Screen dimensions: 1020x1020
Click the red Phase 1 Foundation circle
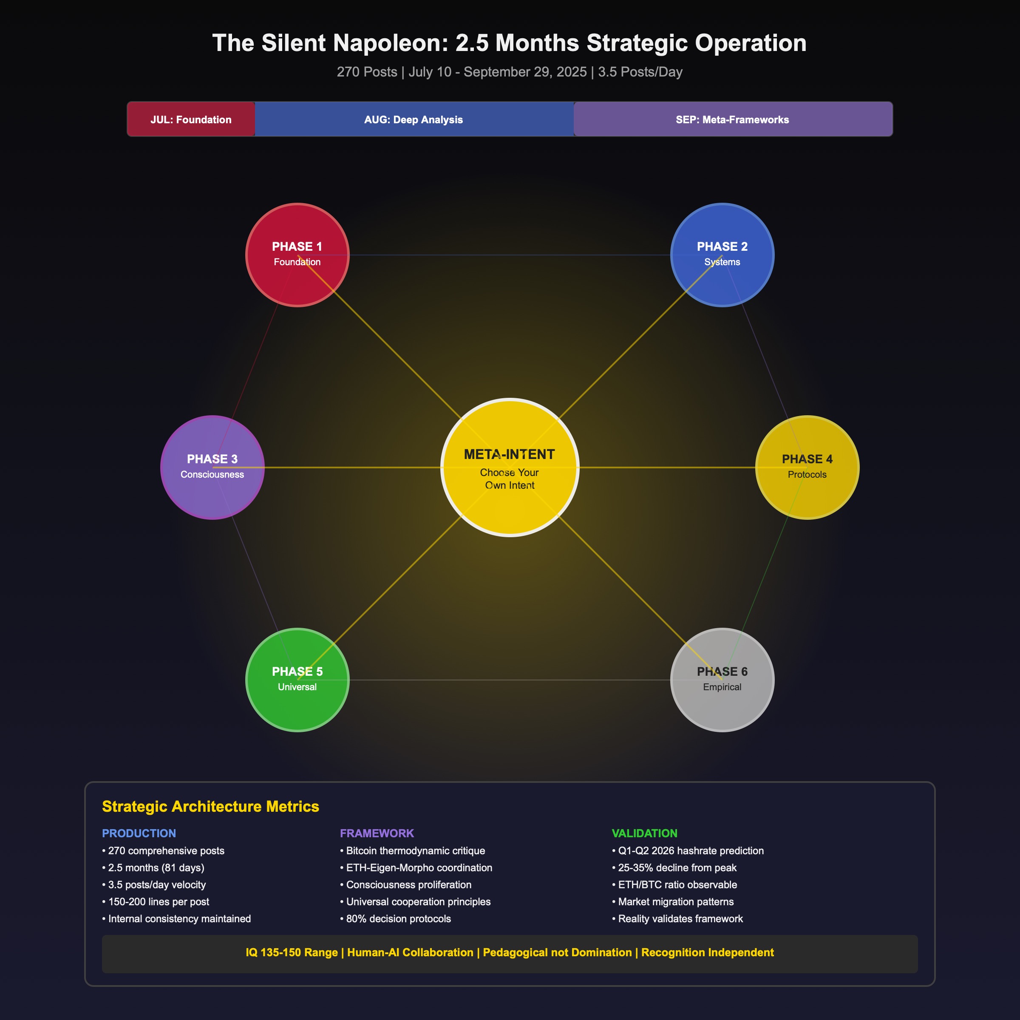coord(297,255)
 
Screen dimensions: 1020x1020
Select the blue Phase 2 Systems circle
coord(722,255)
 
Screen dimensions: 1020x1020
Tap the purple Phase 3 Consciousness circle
coord(212,467)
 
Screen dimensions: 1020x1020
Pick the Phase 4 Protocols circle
coord(807,467)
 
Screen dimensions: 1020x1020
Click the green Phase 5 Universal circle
coord(297,680)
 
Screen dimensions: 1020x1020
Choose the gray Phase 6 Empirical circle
coord(722,680)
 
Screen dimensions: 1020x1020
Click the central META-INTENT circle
coord(510,467)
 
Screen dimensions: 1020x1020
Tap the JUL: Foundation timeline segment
coord(191,119)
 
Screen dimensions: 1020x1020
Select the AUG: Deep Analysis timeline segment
coord(414,119)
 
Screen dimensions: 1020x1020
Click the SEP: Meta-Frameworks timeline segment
coord(732,119)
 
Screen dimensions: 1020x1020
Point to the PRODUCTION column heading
coord(139,833)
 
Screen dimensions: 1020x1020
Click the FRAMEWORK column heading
coord(377,833)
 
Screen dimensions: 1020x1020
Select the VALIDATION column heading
coord(644,833)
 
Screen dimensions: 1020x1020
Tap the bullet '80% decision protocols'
coord(398,918)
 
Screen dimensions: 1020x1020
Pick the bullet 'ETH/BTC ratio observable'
coord(677,884)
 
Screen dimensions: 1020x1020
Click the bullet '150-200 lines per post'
coord(159,902)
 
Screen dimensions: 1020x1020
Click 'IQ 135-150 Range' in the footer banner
coord(292,952)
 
